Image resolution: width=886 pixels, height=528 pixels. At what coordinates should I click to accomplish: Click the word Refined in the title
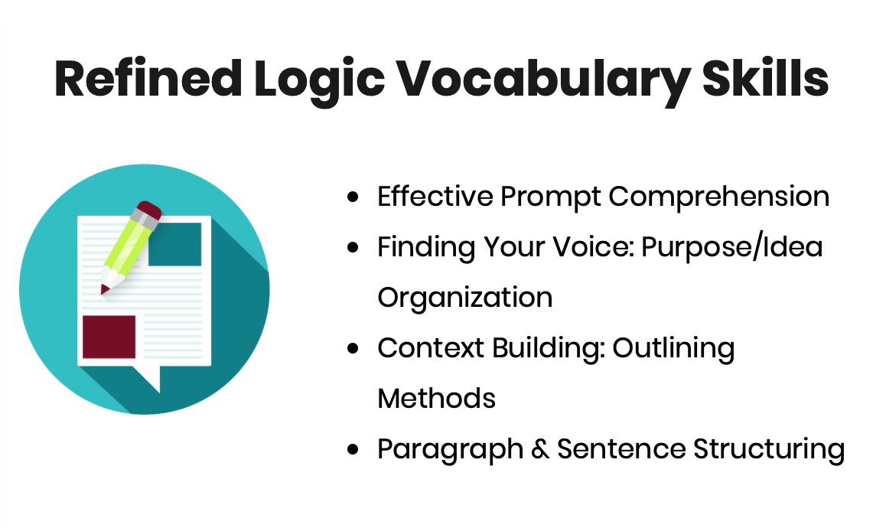[x=148, y=79]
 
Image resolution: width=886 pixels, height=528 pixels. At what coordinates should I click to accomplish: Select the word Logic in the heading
[x=320, y=82]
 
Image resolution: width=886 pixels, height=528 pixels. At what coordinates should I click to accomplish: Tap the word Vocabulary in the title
[x=542, y=82]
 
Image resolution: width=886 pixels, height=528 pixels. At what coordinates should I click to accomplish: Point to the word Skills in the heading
[x=765, y=79]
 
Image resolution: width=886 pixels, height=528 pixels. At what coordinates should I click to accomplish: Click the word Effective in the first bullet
[x=435, y=197]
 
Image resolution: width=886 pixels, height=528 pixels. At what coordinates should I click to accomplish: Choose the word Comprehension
[x=718, y=198]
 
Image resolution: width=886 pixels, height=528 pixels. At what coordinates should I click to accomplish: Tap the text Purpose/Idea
[x=732, y=248]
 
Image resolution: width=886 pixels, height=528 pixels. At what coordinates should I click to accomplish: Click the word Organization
[x=465, y=298]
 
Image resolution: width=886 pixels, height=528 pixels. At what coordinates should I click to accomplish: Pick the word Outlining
[x=673, y=350]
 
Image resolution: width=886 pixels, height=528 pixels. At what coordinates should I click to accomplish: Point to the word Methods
[x=437, y=399]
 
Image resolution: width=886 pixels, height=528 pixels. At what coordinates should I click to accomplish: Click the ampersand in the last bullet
[x=540, y=449]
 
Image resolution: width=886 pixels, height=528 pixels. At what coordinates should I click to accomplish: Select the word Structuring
[x=769, y=451]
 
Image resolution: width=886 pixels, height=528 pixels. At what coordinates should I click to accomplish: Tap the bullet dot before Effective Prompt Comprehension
[x=353, y=197]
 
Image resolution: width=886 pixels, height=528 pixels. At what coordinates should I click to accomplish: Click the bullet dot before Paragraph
[x=353, y=450]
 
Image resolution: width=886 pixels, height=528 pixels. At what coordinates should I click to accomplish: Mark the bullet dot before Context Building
[x=353, y=349]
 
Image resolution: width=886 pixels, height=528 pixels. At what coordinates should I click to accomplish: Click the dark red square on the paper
[x=109, y=337]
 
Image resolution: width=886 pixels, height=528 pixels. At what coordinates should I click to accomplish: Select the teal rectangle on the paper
[x=175, y=244]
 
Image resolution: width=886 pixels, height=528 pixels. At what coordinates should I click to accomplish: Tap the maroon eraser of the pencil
[x=149, y=210]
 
